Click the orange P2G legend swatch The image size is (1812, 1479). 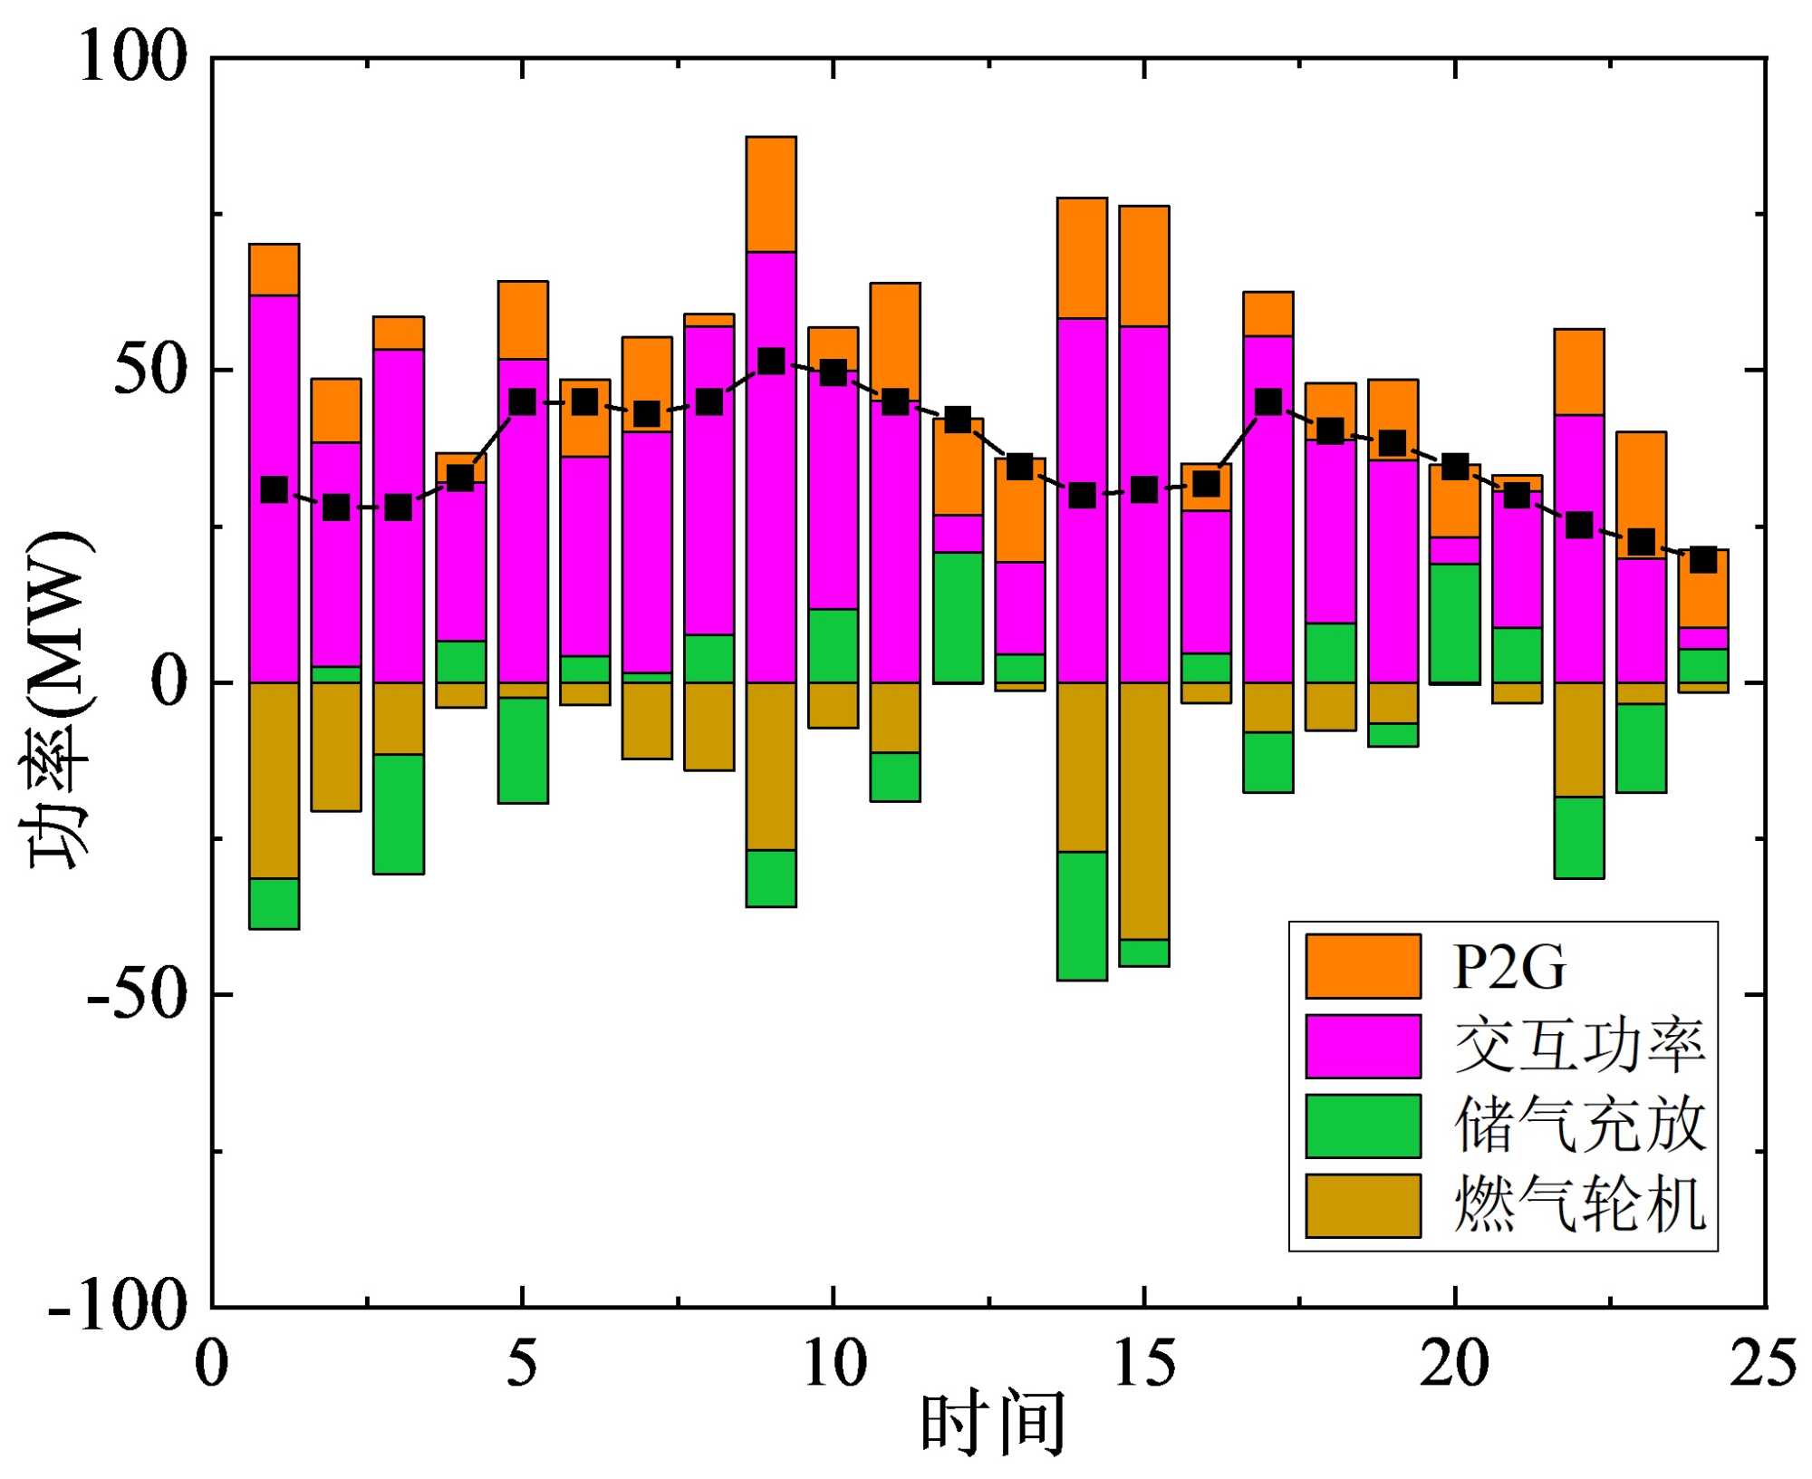[x=1363, y=966]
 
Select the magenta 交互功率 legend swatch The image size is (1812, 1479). [x=1363, y=1046]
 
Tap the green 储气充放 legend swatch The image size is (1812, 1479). [x=1363, y=1126]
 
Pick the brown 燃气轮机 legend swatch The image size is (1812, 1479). [x=1363, y=1205]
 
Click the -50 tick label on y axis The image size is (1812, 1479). [x=136, y=995]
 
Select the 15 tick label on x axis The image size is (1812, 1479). [x=1144, y=1363]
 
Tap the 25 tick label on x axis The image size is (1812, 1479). [x=1763, y=1363]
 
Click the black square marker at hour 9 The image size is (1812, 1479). [x=771, y=361]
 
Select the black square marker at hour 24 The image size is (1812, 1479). [x=1703, y=559]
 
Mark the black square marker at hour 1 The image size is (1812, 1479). [x=274, y=489]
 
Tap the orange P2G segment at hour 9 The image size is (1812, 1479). [x=771, y=194]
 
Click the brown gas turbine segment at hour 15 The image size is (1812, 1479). [x=1144, y=810]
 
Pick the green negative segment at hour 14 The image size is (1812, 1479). [x=1082, y=915]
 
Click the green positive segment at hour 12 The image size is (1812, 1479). [x=958, y=616]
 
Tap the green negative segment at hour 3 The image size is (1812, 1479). [x=399, y=814]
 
